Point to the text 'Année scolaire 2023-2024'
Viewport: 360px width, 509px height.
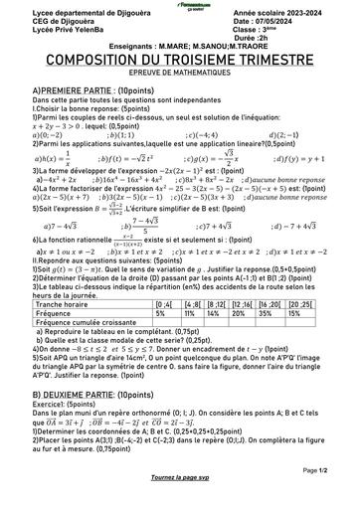[289, 10]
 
